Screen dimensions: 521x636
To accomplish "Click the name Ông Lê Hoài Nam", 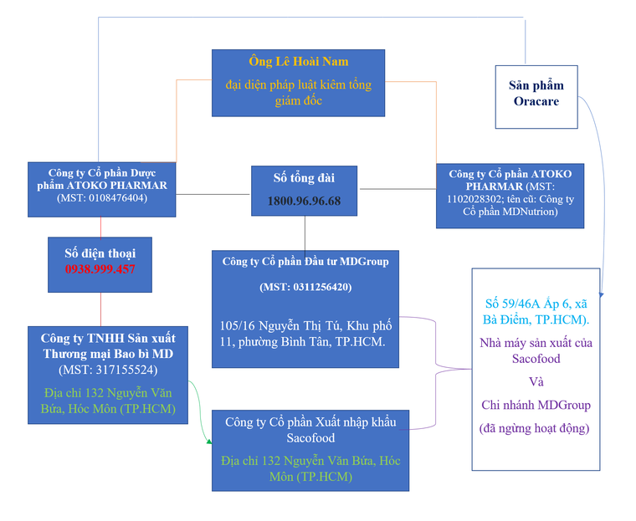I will click(298, 62).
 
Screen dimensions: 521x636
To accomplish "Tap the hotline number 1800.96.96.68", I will click(304, 202).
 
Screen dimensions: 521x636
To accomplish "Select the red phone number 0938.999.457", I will click(100, 269).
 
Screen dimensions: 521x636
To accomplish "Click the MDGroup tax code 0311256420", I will click(305, 287).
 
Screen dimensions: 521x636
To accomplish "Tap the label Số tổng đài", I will click(304, 178).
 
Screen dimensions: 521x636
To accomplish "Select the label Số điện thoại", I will click(100, 253).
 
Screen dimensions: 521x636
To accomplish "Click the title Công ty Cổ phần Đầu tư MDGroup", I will click(305, 261).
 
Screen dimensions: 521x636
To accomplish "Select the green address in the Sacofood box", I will click(310, 468).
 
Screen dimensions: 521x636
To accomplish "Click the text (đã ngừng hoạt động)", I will click(535, 428).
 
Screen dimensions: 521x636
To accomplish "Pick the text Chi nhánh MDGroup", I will click(535, 405).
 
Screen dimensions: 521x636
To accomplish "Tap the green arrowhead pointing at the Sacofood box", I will click(208, 444).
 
